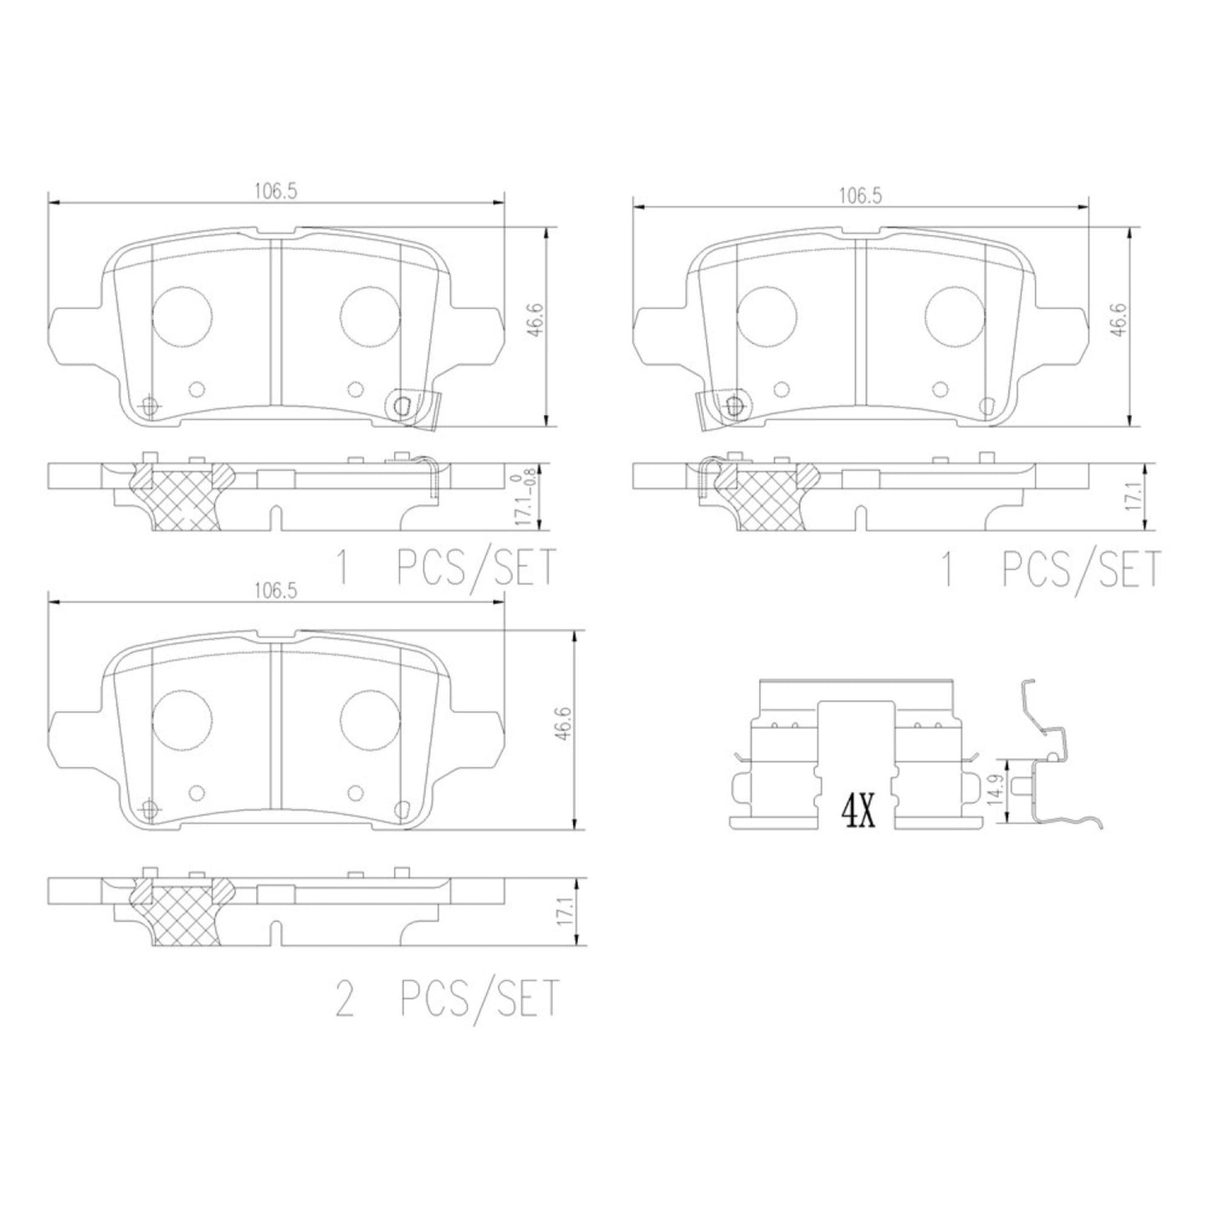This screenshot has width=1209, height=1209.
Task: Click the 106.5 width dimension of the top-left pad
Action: pos(275,192)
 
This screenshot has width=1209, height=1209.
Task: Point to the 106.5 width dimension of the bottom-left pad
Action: pos(275,591)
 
